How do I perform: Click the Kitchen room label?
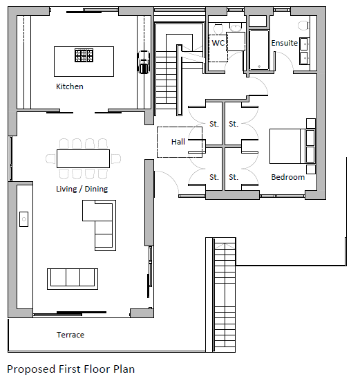pyautogui.click(x=70, y=86)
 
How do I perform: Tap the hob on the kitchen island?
pyautogui.click(x=84, y=55)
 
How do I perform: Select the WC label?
pyautogui.click(x=218, y=43)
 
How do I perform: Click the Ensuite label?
pyautogui.click(x=285, y=43)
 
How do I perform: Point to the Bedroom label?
pyautogui.click(x=288, y=177)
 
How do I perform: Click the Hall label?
pyautogui.click(x=178, y=142)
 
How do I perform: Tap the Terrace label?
pyautogui.click(x=70, y=335)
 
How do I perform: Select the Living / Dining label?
pyautogui.click(x=82, y=189)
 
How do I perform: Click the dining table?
pyautogui.click(x=84, y=158)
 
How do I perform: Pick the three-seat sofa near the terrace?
pyautogui.click(x=73, y=279)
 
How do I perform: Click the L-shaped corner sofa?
pyautogui.click(x=100, y=225)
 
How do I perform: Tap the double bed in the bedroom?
pyautogui.click(x=292, y=146)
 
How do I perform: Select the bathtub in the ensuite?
pyautogui.click(x=259, y=50)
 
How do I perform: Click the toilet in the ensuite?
pyautogui.click(x=303, y=26)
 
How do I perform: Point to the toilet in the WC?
pyautogui.click(x=218, y=29)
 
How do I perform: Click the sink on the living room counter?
pyautogui.click(x=24, y=219)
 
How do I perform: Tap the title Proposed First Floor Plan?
pyautogui.click(x=70, y=369)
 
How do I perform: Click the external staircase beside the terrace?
pyautogui.click(x=220, y=295)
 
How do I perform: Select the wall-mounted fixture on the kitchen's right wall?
pyautogui.click(x=144, y=62)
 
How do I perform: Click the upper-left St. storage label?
pyautogui.click(x=214, y=124)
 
